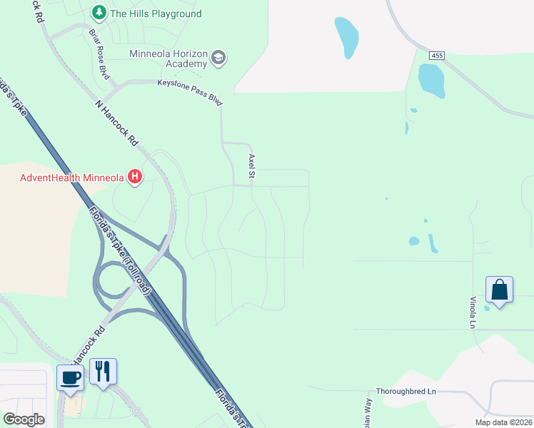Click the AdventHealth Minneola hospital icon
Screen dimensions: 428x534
134,178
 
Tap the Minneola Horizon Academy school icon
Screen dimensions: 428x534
218,58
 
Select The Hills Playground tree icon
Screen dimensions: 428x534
99,13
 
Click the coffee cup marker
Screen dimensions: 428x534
70,378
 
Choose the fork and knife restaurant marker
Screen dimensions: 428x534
103,372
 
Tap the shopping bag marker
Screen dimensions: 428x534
499,290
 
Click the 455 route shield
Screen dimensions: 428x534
438,55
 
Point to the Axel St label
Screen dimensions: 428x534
251,165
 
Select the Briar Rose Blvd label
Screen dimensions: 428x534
99,53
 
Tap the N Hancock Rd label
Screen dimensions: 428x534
116,123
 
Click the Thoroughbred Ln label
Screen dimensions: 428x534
405,392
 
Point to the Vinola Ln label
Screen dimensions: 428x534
472,312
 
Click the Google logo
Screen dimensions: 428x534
24,419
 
